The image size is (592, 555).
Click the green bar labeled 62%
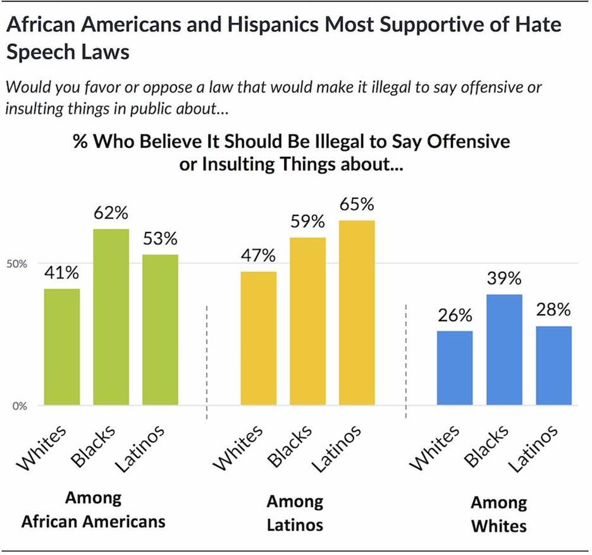point(111,317)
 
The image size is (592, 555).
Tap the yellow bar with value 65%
point(357,312)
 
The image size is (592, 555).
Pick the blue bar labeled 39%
point(505,350)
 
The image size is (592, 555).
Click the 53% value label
point(161,240)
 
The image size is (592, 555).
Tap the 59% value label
point(307,222)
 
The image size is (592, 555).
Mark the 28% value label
point(554,310)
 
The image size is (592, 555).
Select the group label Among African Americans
point(93,510)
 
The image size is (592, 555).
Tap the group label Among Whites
point(498,514)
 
